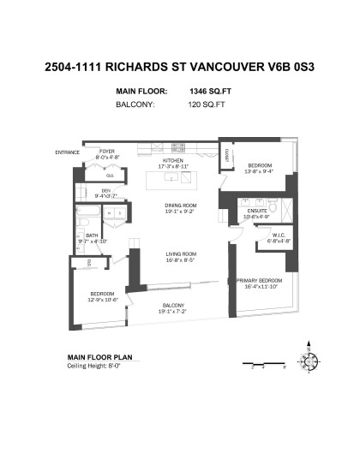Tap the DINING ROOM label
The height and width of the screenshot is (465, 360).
[x=180, y=206]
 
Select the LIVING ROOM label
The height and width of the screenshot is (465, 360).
[x=180, y=253]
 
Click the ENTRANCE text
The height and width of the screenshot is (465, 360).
[x=67, y=152]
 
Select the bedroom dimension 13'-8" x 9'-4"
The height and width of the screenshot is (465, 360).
[x=260, y=171]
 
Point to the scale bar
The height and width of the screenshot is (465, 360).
[x=261, y=363]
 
